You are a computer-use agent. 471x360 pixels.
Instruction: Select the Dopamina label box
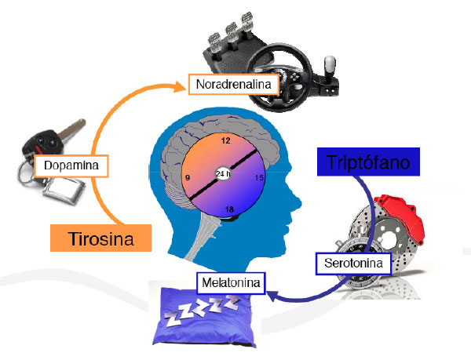click(71, 166)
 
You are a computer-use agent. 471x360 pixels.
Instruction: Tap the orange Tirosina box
click(100, 238)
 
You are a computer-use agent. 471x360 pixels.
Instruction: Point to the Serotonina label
click(355, 264)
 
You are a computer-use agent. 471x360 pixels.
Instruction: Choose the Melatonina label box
click(229, 280)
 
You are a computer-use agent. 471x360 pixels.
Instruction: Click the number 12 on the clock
click(226, 141)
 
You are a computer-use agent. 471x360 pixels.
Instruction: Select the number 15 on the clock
click(259, 178)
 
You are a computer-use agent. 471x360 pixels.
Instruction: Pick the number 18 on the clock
click(229, 209)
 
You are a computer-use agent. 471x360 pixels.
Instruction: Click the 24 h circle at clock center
click(223, 174)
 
